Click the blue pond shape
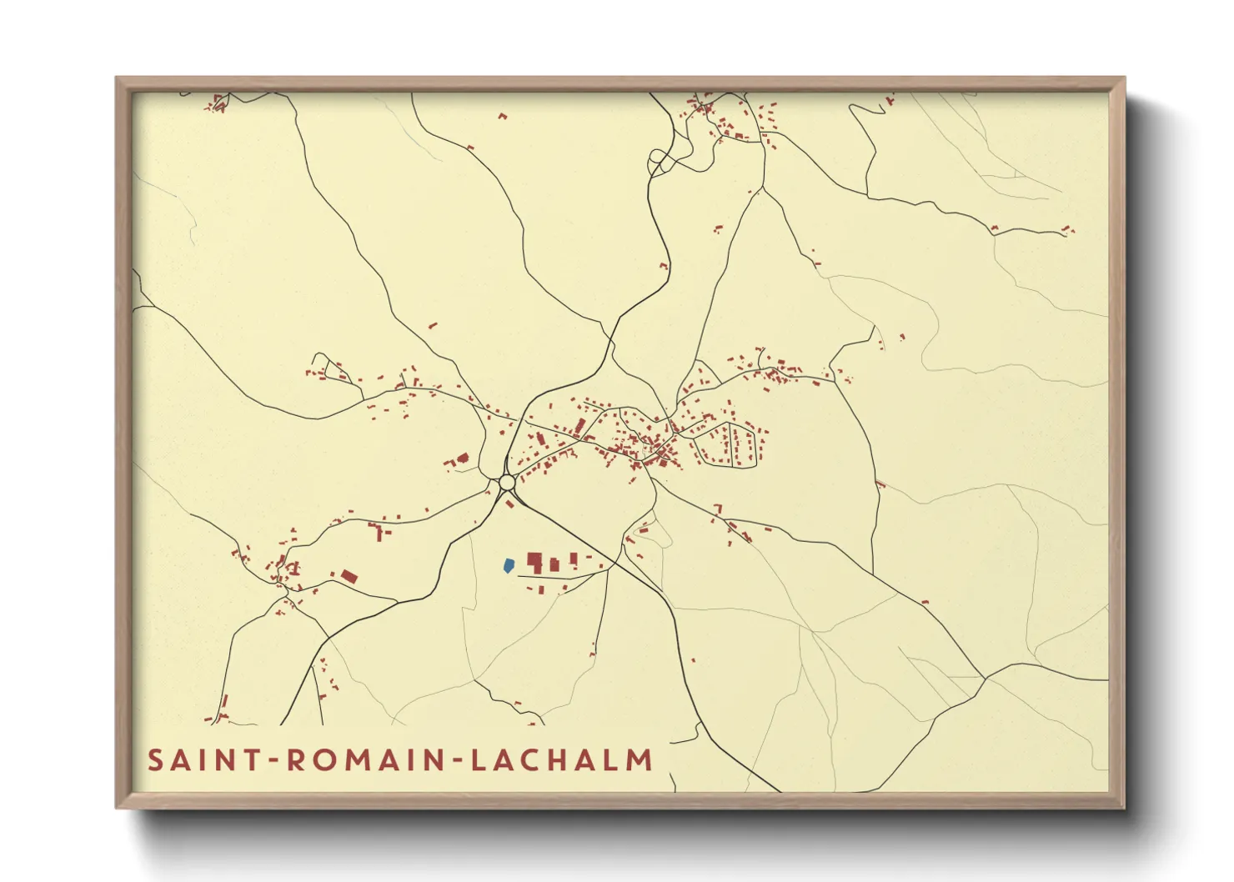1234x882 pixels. (508, 565)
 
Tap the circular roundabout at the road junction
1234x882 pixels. (507, 483)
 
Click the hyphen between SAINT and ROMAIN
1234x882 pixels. (273, 761)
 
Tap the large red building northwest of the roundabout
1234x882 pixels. (463, 458)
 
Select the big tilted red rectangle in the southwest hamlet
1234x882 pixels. (349, 575)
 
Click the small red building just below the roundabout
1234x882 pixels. (509, 504)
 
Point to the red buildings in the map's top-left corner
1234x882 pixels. (219, 103)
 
